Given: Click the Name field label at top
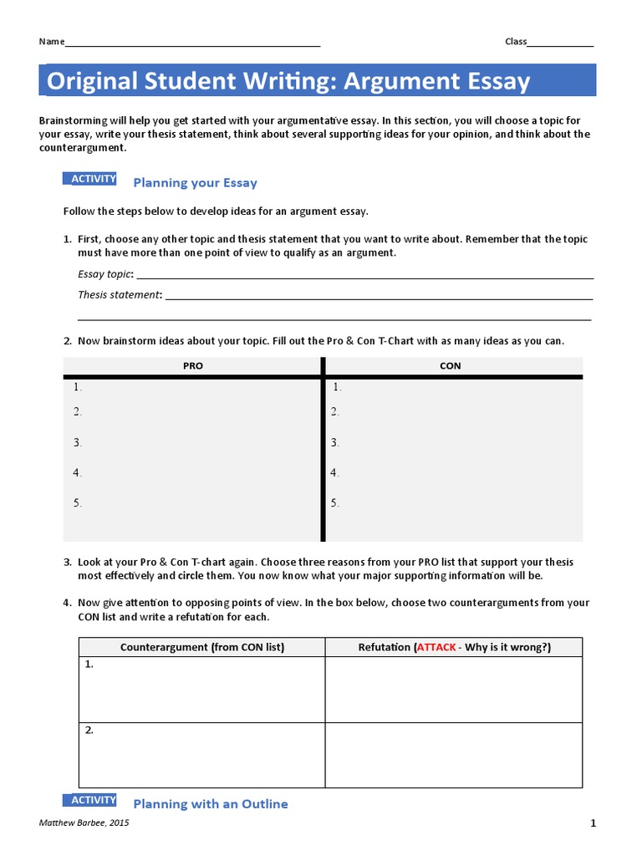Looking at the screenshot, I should pyautogui.click(x=51, y=42).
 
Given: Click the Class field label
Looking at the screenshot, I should pyautogui.click(x=516, y=42).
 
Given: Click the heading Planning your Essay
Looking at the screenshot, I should pyautogui.click(x=195, y=183).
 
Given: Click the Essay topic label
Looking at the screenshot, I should pyautogui.click(x=104, y=273).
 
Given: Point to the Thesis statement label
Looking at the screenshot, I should pyautogui.click(x=120, y=294).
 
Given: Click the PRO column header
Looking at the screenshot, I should pyautogui.click(x=193, y=365).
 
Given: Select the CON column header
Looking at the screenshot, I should pyautogui.click(x=450, y=365).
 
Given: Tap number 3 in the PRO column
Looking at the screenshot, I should pyautogui.click(x=77, y=442).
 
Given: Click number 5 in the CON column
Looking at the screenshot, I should pyautogui.click(x=334, y=503).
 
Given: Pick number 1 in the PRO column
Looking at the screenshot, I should pyautogui.click(x=77, y=387).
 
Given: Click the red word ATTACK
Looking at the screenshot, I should pyautogui.click(x=436, y=647).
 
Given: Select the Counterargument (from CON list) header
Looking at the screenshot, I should pyautogui.click(x=201, y=647).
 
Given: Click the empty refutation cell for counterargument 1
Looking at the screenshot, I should pyautogui.click(x=453, y=690).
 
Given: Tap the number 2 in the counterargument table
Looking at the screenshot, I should pyautogui.click(x=89, y=730).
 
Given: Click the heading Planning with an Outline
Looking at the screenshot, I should pyautogui.click(x=211, y=804).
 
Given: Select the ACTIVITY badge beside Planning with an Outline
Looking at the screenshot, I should pyautogui.click(x=93, y=800).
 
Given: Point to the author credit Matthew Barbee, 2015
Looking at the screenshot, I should pyautogui.click(x=84, y=823).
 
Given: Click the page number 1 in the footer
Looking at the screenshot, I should pyautogui.click(x=593, y=823).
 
